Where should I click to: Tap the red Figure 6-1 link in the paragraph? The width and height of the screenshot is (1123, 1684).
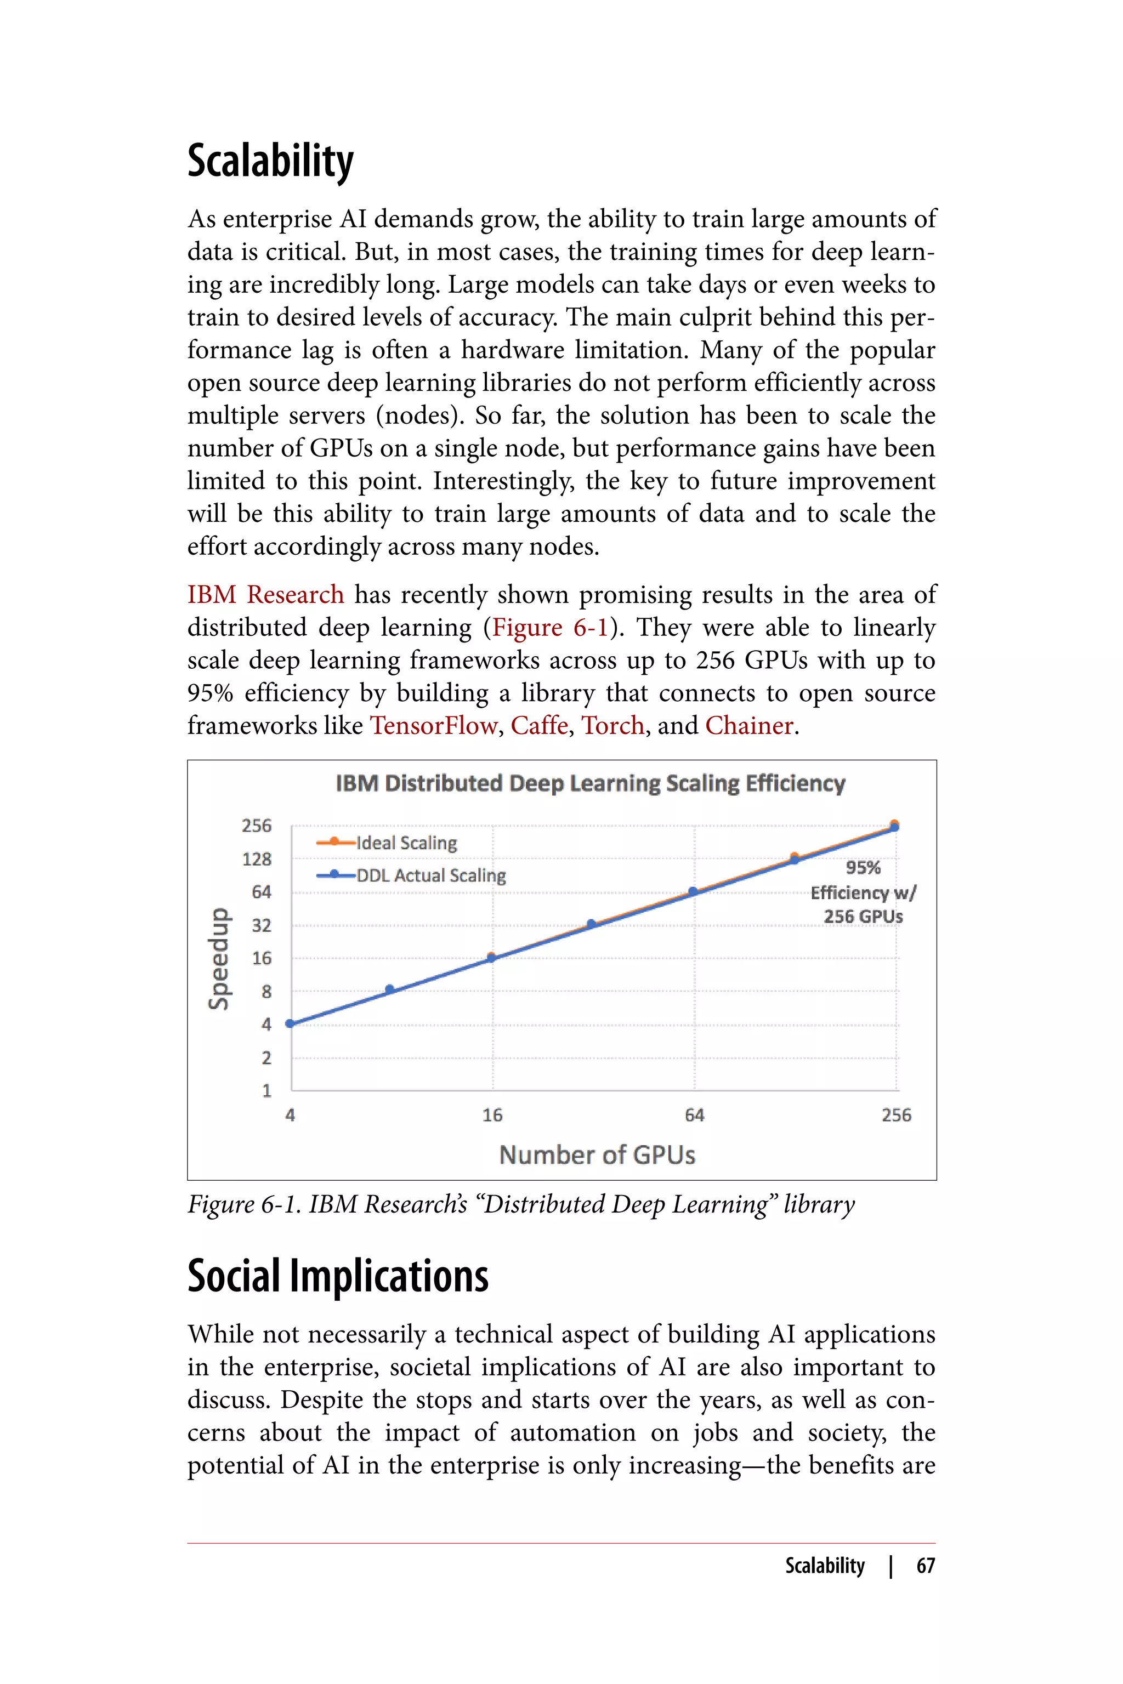[550, 627]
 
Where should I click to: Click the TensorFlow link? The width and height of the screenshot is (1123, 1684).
[433, 725]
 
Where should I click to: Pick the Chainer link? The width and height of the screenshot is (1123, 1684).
[749, 725]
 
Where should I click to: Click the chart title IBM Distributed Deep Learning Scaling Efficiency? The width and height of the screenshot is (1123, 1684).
[590, 783]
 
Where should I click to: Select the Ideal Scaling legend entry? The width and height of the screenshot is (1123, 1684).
[406, 843]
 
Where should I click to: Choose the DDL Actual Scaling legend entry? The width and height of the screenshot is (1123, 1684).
[430, 875]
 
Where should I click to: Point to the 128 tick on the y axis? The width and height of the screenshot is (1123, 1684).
[257, 858]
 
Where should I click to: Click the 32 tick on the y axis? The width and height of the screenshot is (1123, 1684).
[262, 925]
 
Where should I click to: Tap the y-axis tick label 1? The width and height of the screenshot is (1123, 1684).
[266, 1090]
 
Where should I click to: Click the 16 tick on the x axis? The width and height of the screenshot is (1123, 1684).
[492, 1115]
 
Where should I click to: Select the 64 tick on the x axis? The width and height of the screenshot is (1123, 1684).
[694, 1115]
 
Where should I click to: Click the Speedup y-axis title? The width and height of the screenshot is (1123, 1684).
[219, 959]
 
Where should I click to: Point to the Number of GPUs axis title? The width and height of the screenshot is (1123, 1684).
[597, 1155]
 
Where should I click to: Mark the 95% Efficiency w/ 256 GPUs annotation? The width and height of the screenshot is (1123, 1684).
[863, 892]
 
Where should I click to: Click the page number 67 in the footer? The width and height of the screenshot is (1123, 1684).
[926, 1566]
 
